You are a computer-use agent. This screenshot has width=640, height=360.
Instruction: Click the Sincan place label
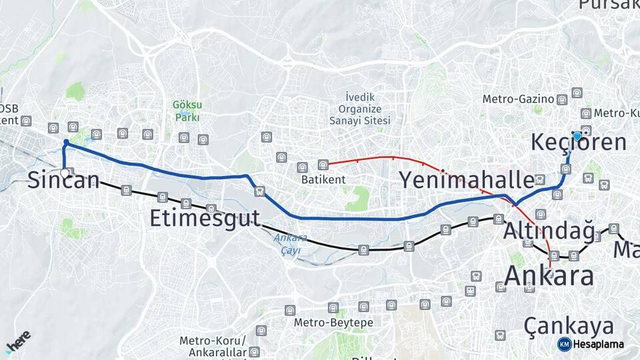(x=63, y=180)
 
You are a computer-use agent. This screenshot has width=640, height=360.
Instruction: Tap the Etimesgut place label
(x=205, y=218)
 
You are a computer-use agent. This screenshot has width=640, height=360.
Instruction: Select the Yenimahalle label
(x=467, y=180)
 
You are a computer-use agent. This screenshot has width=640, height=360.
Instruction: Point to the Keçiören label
(x=579, y=143)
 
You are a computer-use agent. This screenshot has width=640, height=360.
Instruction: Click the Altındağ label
(x=549, y=231)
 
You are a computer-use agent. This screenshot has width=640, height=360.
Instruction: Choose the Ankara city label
(x=549, y=275)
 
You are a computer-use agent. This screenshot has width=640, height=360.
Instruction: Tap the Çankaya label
(x=568, y=326)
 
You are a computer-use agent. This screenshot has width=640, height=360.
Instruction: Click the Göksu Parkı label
(x=187, y=111)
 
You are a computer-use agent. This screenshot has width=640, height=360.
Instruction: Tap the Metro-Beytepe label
(x=333, y=323)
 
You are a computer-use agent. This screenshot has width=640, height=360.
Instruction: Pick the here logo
(x=18, y=341)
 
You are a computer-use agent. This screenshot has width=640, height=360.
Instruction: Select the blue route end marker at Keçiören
(x=577, y=136)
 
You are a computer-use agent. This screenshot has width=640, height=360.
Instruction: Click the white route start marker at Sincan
(x=65, y=173)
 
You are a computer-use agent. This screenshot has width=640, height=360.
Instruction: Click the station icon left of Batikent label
(x=302, y=167)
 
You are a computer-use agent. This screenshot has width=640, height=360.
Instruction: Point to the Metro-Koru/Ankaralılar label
(x=213, y=346)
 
